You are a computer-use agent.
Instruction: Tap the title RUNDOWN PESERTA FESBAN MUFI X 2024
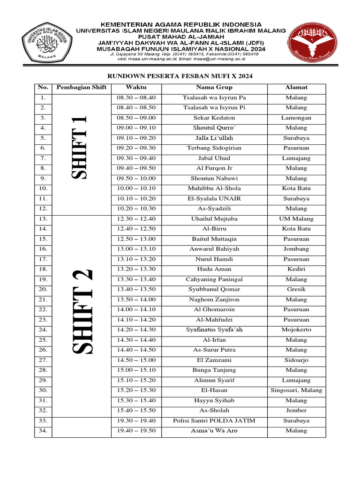point(180,75)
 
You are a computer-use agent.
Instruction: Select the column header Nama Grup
point(214,87)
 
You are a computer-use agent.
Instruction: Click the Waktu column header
point(136,87)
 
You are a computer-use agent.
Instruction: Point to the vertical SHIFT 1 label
point(81,148)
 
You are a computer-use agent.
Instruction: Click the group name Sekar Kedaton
point(214,118)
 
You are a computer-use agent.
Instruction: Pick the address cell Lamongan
point(296,118)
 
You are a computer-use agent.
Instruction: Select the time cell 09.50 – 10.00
point(136,178)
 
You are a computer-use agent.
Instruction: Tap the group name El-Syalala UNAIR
point(214,198)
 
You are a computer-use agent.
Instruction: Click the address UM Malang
point(296,218)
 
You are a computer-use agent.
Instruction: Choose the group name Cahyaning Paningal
point(214,279)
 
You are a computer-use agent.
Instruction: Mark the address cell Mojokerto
point(296,330)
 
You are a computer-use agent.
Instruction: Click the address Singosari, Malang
point(296,390)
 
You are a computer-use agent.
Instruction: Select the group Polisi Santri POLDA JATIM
point(214,420)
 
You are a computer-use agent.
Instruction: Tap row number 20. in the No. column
point(43,289)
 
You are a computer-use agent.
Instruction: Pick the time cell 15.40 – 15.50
point(136,410)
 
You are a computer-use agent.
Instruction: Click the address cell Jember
point(296,410)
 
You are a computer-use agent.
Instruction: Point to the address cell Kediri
point(296,269)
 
